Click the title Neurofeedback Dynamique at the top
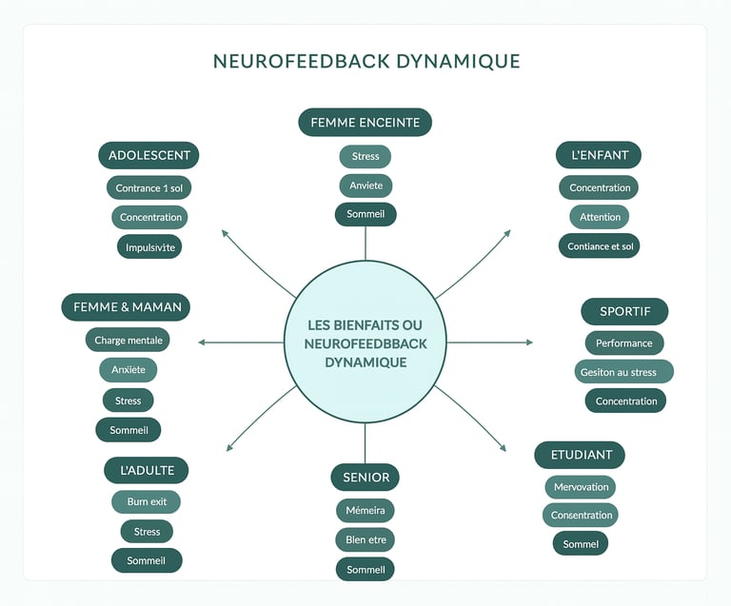point(366,62)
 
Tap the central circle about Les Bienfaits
point(365,343)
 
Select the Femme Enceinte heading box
point(365,123)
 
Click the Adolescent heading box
point(149,155)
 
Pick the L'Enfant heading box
point(599,155)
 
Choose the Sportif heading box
point(624,312)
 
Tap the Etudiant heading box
point(580,455)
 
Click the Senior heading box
point(365,478)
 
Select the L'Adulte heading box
point(147,470)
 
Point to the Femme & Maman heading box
point(127,307)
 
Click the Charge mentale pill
point(128,340)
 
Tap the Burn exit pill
point(146,501)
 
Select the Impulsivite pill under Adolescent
point(148,247)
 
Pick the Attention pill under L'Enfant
point(600,217)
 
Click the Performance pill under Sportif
point(623,342)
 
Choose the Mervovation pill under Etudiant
point(581,487)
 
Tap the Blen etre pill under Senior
point(365,540)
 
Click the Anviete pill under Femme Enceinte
point(365,186)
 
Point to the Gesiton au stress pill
point(623,372)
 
